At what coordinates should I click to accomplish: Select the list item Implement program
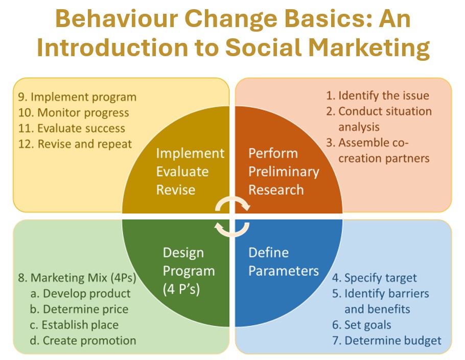coord(77,97)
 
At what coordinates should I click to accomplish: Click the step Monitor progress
coord(74,113)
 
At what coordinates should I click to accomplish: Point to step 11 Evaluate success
coord(72,128)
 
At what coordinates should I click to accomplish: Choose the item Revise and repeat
coord(75,144)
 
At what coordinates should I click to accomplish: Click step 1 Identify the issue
coord(378,95)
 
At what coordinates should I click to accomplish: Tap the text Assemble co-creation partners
coord(378,151)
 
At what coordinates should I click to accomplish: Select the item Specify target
coord(374,278)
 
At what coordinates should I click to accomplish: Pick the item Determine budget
coord(387,341)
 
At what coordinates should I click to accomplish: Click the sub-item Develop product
coord(80,294)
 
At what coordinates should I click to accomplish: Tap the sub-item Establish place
coord(74,325)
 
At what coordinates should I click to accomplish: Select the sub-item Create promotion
coord(83,341)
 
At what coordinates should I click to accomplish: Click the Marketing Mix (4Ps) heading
coord(77,278)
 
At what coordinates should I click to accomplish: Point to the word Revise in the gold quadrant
coord(176,190)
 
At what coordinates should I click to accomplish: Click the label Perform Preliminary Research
coord(284,172)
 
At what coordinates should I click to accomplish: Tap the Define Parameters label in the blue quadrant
coord(284,262)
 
